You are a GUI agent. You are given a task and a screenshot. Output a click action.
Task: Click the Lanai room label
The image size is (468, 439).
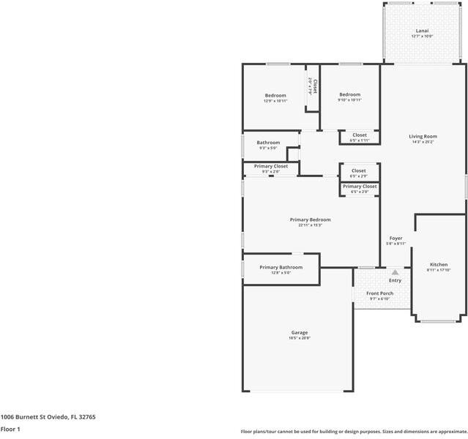pos(423,31)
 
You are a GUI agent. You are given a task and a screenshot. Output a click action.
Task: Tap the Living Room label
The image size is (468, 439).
pos(423,136)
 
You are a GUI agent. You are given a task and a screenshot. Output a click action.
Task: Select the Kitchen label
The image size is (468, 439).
pos(439,264)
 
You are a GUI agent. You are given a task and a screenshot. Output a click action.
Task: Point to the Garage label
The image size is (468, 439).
pos(299,332)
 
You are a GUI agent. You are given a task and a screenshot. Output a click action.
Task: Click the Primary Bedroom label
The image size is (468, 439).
pos(310,219)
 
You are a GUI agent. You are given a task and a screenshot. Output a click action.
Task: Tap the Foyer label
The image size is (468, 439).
pos(395,238)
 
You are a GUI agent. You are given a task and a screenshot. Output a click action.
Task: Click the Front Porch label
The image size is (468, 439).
pos(379,293)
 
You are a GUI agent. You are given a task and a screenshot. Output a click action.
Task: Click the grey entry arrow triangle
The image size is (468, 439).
pos(395,272)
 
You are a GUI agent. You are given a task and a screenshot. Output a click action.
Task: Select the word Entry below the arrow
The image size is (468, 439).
pos(395,280)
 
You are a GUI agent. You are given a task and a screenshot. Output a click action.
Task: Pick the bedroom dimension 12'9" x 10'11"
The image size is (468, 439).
pos(275,101)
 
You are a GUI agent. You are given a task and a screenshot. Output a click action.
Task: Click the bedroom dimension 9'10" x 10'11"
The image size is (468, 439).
pos(349,100)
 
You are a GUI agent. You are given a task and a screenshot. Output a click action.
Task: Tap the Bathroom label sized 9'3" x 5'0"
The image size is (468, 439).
pos(268,143)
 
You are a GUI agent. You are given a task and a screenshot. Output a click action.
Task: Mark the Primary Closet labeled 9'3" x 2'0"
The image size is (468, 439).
pos(271,166)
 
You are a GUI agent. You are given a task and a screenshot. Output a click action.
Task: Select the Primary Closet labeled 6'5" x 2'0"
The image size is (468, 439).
pos(360,187)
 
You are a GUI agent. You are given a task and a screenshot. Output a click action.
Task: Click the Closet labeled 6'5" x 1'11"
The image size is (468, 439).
pos(360,135)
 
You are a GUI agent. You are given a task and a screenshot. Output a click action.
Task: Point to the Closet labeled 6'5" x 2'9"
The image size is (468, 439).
pos(359,170)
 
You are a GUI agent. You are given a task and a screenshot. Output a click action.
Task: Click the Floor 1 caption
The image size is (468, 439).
pos(10,429)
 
